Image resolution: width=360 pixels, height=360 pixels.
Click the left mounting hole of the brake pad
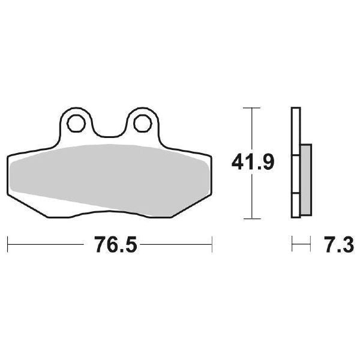pos(76,123)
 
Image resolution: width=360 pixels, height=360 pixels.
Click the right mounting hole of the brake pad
pos(142,123)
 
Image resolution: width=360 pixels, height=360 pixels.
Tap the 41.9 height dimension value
pos(253,162)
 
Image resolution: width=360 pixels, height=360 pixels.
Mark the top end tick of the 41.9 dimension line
pos(253,108)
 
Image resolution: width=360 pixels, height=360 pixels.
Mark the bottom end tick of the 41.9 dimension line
pos(253,218)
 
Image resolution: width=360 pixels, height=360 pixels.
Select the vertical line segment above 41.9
pos(253,129)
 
